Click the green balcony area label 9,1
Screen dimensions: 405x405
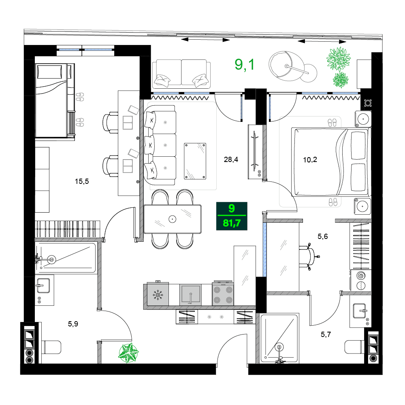[245, 64]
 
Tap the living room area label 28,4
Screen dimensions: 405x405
[231, 160]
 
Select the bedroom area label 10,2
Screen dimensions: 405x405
[310, 160]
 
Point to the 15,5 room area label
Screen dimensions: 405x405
[81, 181]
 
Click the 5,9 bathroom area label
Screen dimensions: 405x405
[73, 324]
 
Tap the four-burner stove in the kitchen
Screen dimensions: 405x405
[223, 294]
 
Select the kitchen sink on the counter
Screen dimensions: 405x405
[190, 294]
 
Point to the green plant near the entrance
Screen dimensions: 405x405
[128, 352]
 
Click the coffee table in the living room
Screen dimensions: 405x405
[195, 161]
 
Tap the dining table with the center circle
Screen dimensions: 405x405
[173, 219]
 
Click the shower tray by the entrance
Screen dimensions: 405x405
[279, 337]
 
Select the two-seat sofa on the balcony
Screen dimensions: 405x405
[181, 74]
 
